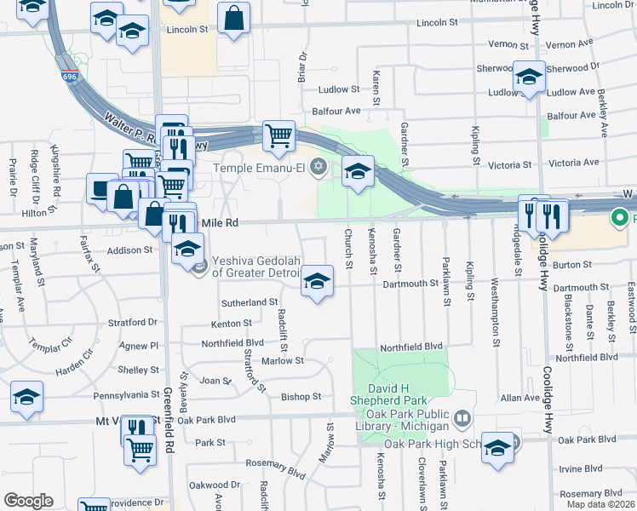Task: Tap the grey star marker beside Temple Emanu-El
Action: pos(318,166)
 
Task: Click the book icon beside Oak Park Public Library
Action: pos(462,418)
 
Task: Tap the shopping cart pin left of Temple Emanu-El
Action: pos(278,136)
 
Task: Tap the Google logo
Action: pos(29,500)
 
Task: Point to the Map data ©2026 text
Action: pos(600,504)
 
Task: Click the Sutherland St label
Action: pos(250,301)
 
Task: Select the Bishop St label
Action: pos(301,397)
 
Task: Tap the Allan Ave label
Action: pos(520,398)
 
